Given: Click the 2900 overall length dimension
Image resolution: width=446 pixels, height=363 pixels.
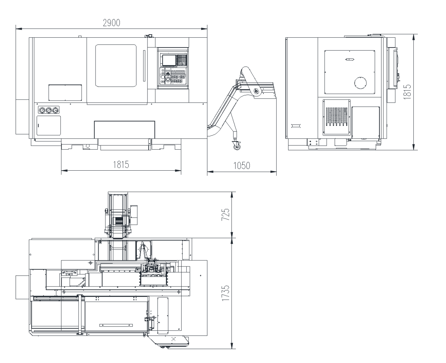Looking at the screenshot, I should tap(112, 23).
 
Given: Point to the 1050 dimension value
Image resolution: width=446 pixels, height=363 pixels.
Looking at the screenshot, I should tap(242, 166).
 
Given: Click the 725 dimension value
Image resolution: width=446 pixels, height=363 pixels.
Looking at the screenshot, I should tap(225, 214).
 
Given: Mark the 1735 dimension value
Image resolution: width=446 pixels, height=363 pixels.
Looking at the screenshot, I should tap(225, 292).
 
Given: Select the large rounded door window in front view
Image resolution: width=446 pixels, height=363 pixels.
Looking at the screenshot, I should tap(116, 66).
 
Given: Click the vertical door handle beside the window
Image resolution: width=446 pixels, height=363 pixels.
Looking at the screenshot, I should tap(144, 66).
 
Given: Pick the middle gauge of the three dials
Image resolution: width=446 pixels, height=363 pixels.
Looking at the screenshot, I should tap(49, 110).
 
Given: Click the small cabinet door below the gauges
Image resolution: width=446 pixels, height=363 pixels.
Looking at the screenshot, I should tap(49, 125).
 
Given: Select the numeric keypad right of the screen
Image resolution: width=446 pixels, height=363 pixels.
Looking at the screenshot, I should tap(183, 60).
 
